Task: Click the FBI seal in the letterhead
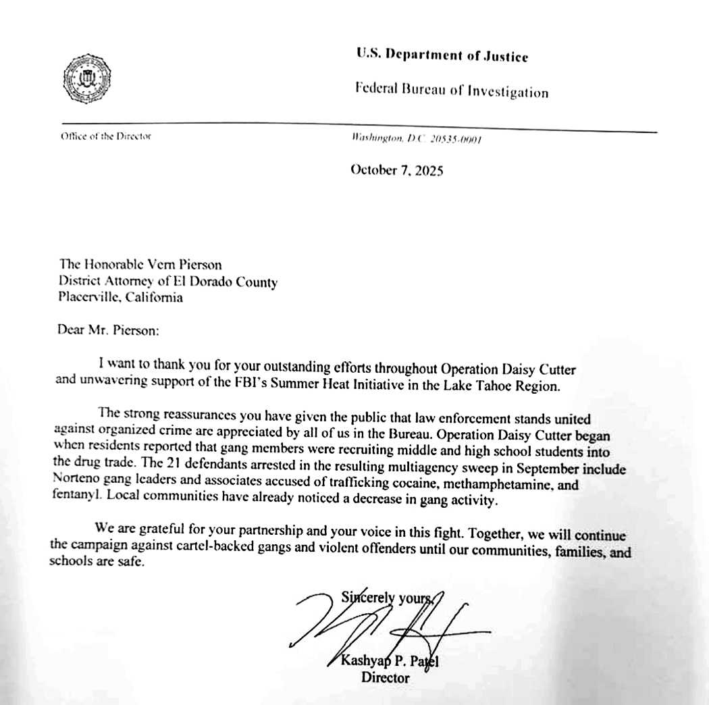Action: coord(86,78)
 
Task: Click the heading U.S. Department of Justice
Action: coord(442,56)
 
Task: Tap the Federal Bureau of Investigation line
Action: coord(452,91)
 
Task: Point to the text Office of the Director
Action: coord(106,136)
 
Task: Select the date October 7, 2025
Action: coord(397,170)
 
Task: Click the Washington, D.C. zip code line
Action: coord(416,138)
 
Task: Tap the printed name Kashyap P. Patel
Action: coord(390,661)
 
